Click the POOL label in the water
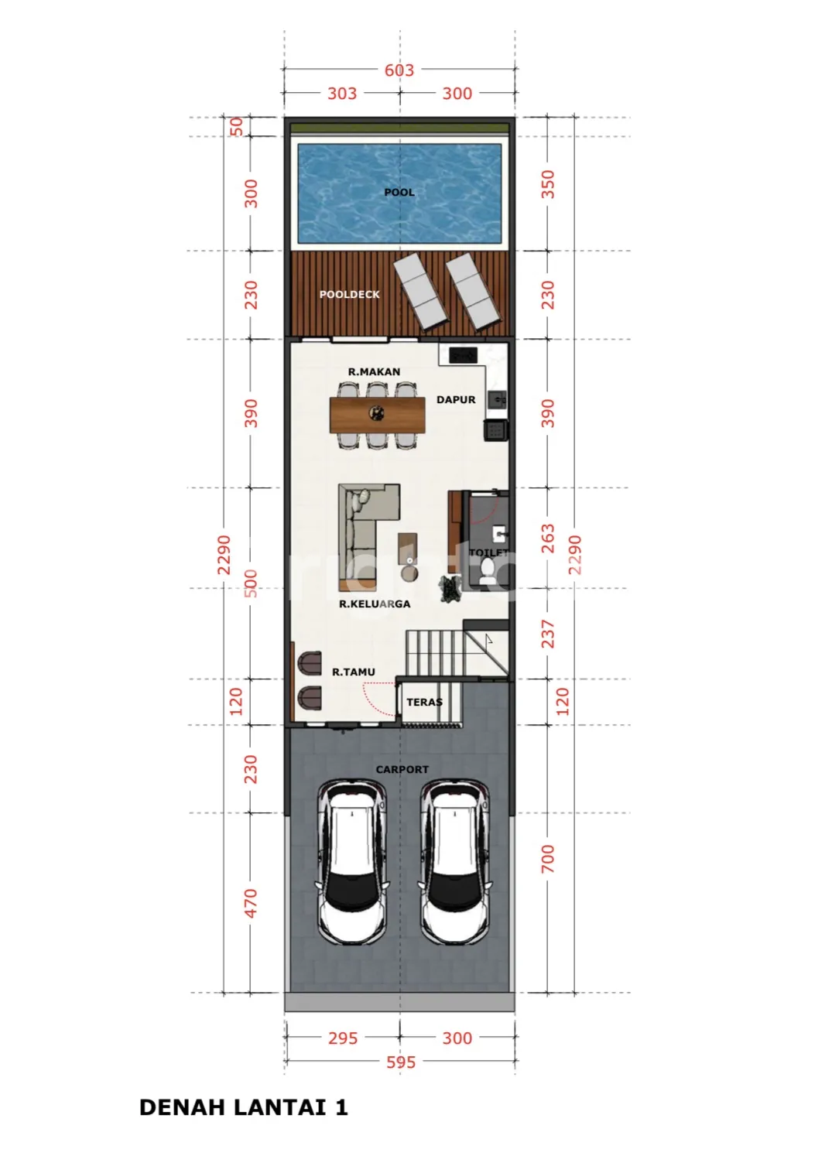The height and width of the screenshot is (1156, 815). (399, 193)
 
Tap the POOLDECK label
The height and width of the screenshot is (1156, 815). (349, 294)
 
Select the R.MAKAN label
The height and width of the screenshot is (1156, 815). (374, 371)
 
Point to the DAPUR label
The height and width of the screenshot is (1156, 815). (456, 399)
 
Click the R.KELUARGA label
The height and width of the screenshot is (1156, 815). (374, 604)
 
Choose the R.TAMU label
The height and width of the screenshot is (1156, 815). (353, 672)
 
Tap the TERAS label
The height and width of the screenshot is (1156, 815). (424, 702)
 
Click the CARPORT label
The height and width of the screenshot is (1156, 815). (402, 769)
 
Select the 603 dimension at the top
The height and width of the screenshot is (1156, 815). (399, 70)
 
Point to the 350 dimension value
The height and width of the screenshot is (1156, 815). (548, 184)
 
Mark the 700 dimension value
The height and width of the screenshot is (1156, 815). (548, 859)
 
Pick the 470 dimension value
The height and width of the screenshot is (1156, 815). (250, 904)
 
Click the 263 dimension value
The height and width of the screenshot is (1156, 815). (548, 539)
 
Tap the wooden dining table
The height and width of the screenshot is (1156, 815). (377, 415)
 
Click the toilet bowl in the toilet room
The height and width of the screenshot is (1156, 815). (487, 572)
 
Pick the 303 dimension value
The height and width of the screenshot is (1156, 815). (341, 94)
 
